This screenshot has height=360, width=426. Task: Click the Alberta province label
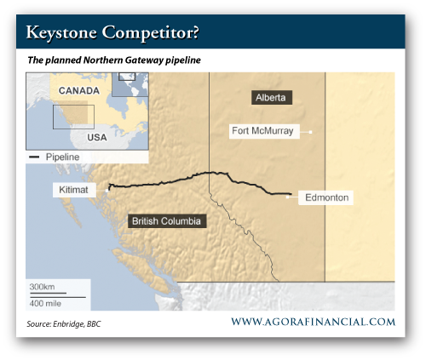click(x=272, y=98)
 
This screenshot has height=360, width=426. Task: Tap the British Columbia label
click(x=167, y=221)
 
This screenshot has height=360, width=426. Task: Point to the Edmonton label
click(x=325, y=197)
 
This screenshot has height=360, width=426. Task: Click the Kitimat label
click(x=74, y=190)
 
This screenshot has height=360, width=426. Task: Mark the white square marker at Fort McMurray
click(x=310, y=132)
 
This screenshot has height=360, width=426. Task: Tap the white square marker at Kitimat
click(x=107, y=191)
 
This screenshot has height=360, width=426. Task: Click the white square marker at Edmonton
click(x=288, y=197)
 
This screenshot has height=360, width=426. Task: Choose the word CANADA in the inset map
click(x=79, y=91)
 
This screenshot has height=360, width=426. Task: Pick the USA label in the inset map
click(x=97, y=138)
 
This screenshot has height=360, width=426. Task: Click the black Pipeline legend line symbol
click(x=34, y=157)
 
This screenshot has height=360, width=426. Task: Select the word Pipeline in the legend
click(x=62, y=157)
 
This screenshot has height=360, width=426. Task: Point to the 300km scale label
click(x=42, y=287)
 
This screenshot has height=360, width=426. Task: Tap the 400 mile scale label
click(x=45, y=304)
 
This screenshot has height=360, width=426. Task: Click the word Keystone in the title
click(x=61, y=32)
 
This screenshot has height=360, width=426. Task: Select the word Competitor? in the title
click(x=151, y=32)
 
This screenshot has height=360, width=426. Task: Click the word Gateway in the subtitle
click(x=144, y=60)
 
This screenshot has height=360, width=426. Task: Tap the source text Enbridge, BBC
click(x=77, y=324)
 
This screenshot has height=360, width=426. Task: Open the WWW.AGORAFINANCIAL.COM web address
click(x=314, y=322)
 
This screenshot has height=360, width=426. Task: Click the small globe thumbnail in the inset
click(x=130, y=84)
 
